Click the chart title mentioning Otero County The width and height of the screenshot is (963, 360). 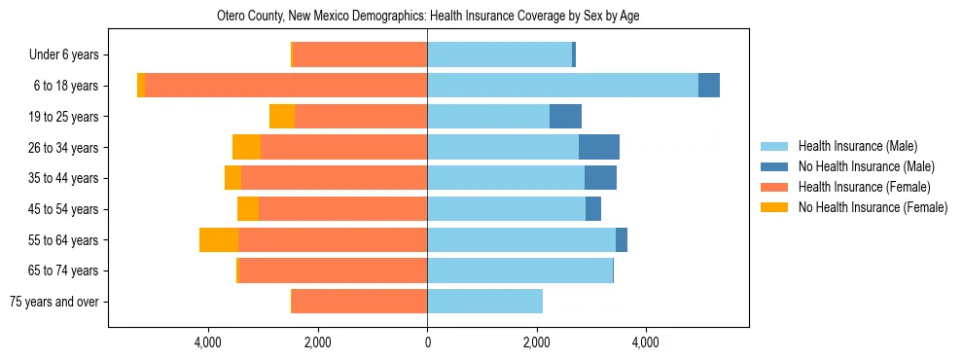pos(428,17)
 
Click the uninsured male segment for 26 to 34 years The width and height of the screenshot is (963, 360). pos(599,147)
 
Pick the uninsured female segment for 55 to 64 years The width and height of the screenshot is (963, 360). pos(219,239)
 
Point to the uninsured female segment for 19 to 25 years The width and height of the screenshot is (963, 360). pos(282,117)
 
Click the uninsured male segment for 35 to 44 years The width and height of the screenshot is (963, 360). pos(600,178)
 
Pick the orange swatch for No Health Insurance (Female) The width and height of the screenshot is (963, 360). pos(774,207)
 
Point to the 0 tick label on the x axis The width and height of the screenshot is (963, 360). pos(427,342)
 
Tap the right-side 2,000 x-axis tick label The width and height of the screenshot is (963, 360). pos(536,342)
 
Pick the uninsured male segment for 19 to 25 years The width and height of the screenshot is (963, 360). pos(565,117)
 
